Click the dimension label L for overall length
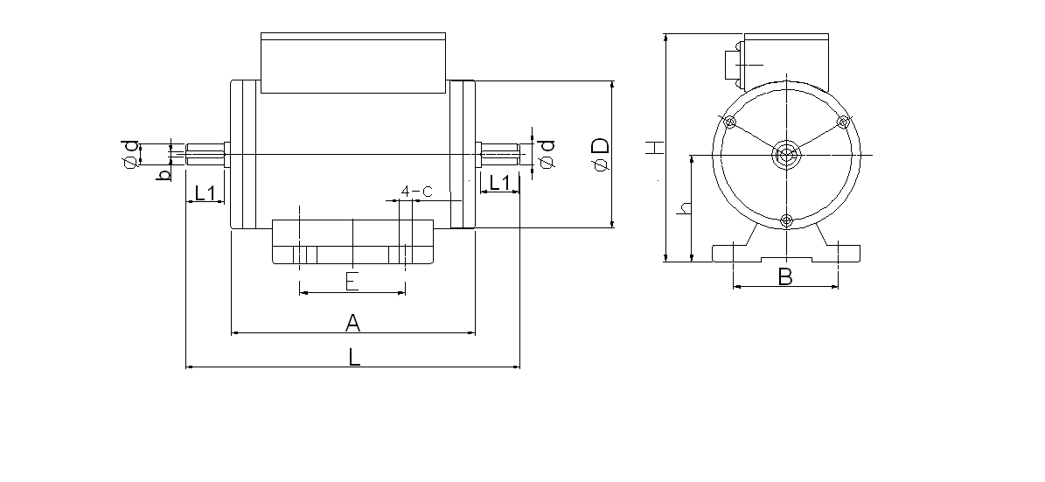[353, 356]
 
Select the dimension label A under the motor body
[352, 323]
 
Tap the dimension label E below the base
[352, 281]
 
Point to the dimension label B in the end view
[785, 276]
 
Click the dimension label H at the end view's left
[652, 148]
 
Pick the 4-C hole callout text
[416, 190]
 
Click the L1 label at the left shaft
[206, 192]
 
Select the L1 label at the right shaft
[499, 183]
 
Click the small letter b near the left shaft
[163, 176]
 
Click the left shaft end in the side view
[190, 155]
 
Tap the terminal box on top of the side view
[354, 63]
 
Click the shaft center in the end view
[786, 156]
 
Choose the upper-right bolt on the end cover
[843, 122]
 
